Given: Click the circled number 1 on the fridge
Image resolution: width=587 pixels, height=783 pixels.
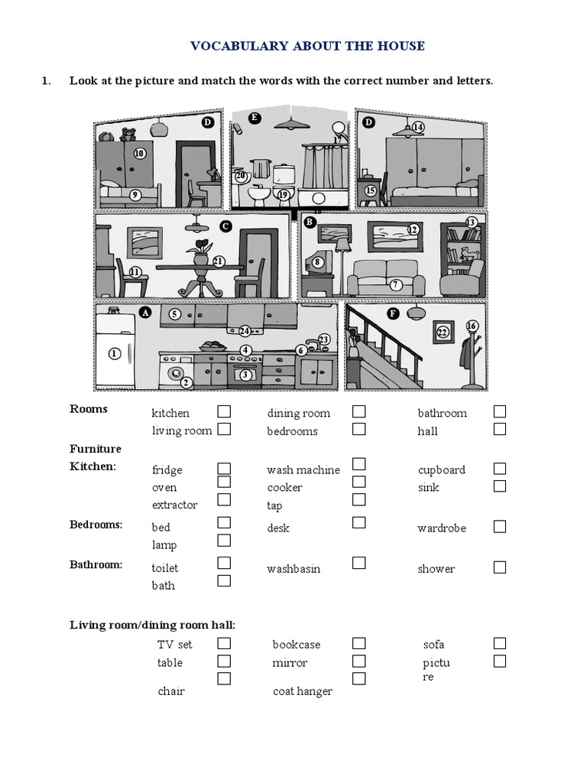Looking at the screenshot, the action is point(115,353).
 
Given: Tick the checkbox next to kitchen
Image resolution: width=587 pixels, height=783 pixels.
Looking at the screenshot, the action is point(224,411).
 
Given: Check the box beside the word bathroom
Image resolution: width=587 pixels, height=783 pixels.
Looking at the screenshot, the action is point(500,411).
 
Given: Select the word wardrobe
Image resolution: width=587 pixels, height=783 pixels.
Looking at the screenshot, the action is point(442,528).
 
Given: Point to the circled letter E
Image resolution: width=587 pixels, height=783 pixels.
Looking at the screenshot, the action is point(255,118).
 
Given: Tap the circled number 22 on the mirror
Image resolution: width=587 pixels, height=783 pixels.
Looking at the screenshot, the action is point(442,332).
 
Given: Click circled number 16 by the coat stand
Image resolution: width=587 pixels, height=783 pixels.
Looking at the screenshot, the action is point(472,327).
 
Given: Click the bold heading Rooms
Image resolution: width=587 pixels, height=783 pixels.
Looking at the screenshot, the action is point(89,408).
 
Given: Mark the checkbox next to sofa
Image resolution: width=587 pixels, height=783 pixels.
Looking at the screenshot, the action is point(500,643).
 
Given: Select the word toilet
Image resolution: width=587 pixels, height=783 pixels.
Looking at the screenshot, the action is point(165,568).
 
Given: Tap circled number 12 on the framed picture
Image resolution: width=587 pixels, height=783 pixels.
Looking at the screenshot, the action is point(413,229).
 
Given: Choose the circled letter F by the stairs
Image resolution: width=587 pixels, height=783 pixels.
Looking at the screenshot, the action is point(393,313).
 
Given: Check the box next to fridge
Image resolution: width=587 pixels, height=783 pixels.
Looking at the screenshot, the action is point(224,468).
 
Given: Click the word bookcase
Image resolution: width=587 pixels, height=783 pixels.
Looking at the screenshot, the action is point(297,645).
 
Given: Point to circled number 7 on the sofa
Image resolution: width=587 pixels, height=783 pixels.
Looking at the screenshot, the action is point(395,284).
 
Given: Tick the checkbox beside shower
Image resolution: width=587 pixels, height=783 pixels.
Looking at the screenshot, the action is point(500,567).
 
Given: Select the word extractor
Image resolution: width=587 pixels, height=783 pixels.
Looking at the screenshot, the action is point(174,505).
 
